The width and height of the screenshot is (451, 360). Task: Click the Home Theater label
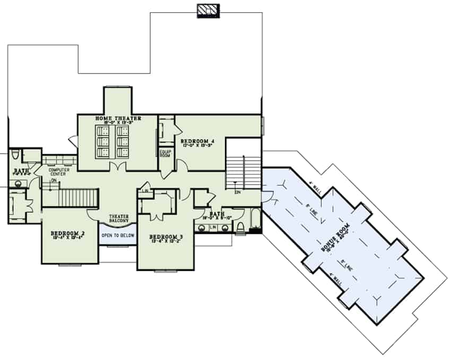pyautogui.click(x=118, y=118)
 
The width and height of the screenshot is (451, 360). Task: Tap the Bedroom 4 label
pyautogui.click(x=197, y=141)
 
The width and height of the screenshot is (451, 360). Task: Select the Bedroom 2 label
pyautogui.click(x=68, y=233)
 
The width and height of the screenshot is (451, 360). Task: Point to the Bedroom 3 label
pyautogui.click(x=166, y=236)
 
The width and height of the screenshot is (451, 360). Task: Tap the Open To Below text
pyautogui.click(x=118, y=235)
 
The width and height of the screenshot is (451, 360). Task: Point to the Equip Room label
pyautogui.click(x=165, y=153)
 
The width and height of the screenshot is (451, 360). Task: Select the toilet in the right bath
pyautogui.click(x=240, y=227)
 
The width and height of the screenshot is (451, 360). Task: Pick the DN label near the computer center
pyautogui.click(x=53, y=181)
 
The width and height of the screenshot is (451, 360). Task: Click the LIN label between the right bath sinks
pyautogui.click(x=212, y=227)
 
